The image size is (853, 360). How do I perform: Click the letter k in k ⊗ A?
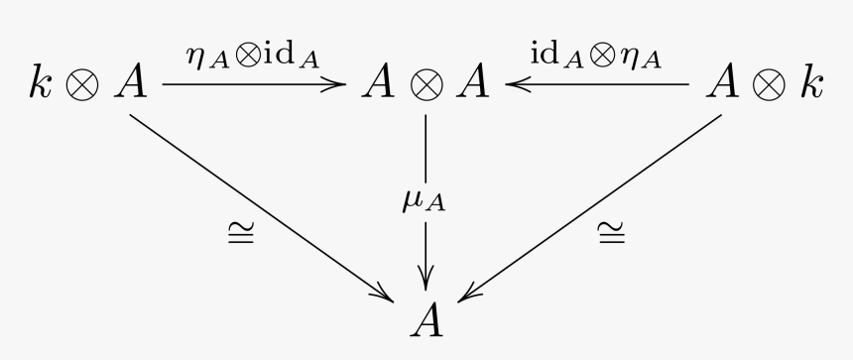point(42,85)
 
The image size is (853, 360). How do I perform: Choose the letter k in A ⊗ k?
point(811,85)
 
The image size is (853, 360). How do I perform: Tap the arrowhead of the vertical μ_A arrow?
point(426,277)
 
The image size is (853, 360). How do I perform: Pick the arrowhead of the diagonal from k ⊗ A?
point(383,294)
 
